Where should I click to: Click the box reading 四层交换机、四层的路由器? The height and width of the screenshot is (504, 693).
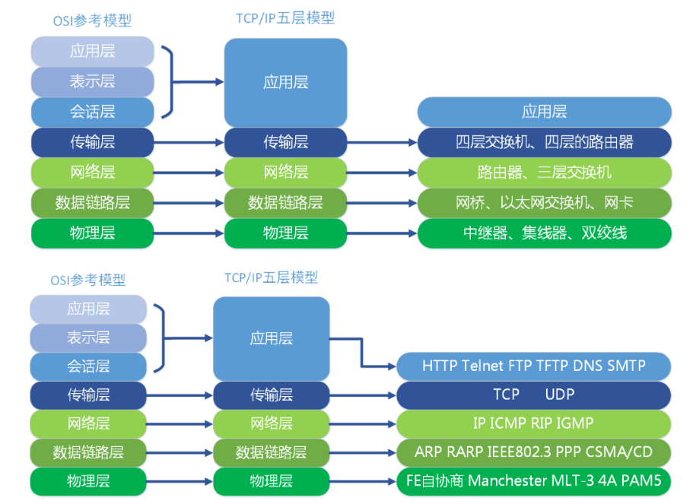(544, 142)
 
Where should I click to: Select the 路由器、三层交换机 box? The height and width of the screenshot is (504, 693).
(544, 173)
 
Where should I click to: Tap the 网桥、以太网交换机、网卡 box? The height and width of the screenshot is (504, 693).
(544, 203)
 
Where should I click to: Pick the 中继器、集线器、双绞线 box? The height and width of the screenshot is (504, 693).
(544, 233)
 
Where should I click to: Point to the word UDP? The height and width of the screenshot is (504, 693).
(560, 395)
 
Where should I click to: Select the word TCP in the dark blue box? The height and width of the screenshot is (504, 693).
(506, 395)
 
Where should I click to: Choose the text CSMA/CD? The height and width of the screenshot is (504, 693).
(621, 452)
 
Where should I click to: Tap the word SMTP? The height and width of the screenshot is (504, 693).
(626, 366)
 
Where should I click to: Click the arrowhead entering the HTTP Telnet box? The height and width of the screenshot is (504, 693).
(391, 366)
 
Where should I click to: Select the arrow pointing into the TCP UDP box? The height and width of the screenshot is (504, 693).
(391, 395)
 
